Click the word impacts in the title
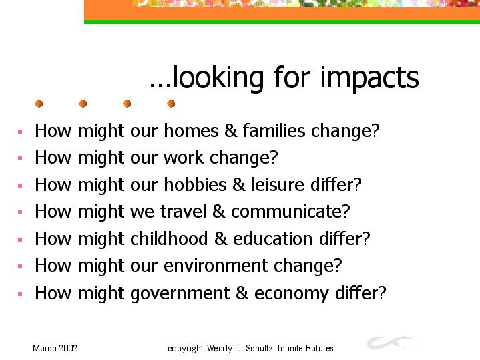369,78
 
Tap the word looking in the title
218,78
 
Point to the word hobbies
195,184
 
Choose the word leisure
278,184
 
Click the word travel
183,212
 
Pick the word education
273,238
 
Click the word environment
216,265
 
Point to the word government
180,293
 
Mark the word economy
292,294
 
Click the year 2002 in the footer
68,349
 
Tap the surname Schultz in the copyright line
260,349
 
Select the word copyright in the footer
185,349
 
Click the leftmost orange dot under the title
39,104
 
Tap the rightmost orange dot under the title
171,104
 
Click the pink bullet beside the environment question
20,266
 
